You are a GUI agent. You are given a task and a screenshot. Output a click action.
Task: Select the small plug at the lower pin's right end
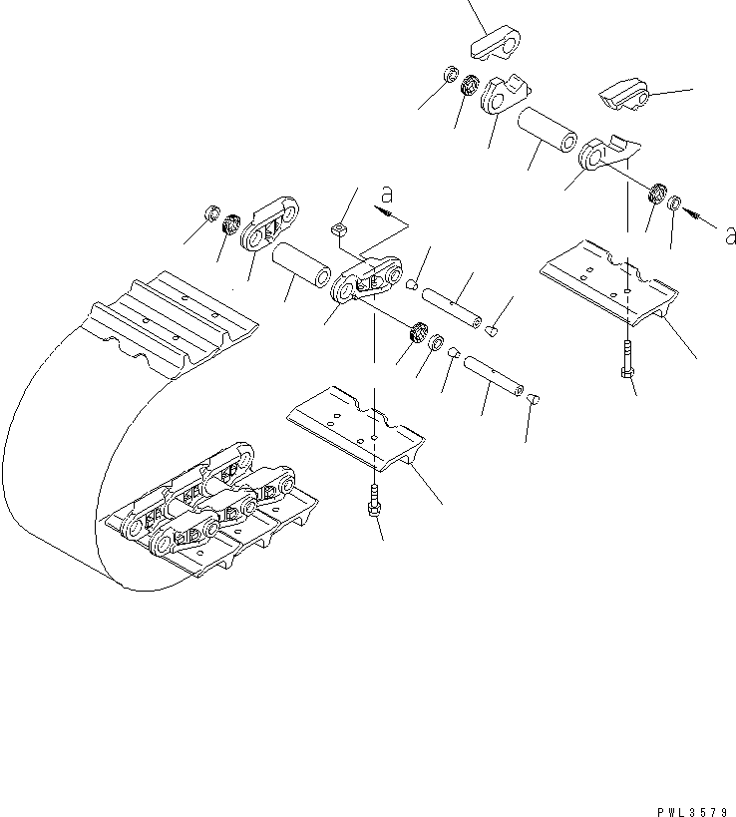click(534, 399)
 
